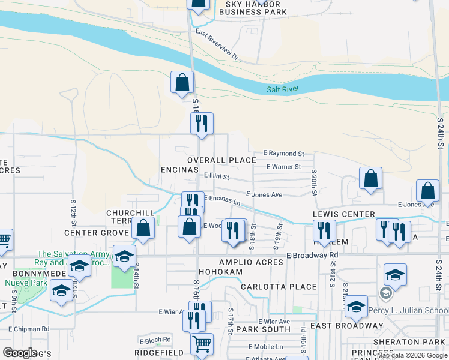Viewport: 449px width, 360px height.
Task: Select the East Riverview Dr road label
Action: [217, 46]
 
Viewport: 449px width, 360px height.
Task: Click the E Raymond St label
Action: [285, 154]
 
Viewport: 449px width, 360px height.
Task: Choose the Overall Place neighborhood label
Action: [221, 160]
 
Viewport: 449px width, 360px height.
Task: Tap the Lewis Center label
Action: [343, 214]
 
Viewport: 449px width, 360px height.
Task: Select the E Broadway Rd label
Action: [312, 255]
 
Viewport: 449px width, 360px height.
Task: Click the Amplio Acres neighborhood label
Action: [250, 263]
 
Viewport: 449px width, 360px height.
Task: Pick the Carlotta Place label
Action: [278, 287]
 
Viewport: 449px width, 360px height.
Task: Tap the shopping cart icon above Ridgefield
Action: [202, 344]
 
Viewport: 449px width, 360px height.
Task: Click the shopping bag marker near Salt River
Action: [182, 82]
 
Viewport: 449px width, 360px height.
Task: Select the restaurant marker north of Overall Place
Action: [202, 124]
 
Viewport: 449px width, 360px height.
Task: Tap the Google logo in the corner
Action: [20, 353]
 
